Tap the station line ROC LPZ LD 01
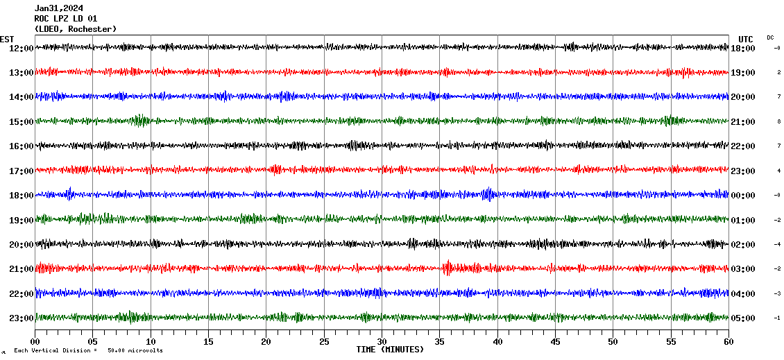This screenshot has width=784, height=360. tap(65, 19)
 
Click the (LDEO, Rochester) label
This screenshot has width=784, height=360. tap(75, 29)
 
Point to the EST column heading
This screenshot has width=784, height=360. tap(7, 39)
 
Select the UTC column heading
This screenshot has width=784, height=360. tap(746, 39)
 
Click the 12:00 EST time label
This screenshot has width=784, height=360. tap(21, 49)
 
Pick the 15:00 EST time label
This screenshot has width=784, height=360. tap(21, 122)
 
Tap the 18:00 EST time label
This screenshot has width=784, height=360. tap(21, 196)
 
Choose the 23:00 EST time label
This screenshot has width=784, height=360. tap(21, 318)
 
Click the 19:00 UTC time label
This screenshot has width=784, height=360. tap(743, 73)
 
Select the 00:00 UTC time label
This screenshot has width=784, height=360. tap(743, 196)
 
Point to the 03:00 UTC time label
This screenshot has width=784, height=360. tap(743, 269)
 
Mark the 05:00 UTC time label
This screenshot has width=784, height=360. tap(743, 318)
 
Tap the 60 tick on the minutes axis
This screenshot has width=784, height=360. tap(728, 342)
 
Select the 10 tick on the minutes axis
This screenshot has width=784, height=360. tap(151, 342)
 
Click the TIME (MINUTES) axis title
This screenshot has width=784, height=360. tap(390, 350)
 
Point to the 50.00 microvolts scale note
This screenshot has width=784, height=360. tap(135, 351)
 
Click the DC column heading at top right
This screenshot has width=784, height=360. tap(770, 37)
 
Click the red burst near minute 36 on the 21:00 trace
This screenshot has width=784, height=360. tap(448, 267)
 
